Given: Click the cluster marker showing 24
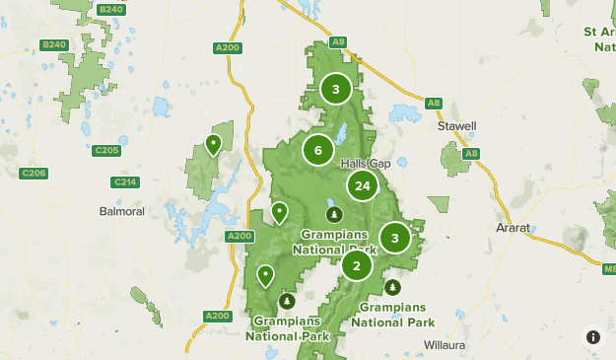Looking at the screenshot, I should (363, 185).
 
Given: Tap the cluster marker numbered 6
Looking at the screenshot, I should (317, 150).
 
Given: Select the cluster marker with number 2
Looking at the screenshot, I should (356, 265).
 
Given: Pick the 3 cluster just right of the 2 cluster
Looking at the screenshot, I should (395, 238).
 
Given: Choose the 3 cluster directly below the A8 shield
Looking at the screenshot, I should (336, 90).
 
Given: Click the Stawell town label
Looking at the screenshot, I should (457, 127).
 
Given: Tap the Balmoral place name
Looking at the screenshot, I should (122, 211).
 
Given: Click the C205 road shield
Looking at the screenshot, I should (105, 150).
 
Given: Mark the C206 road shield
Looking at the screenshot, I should (34, 174).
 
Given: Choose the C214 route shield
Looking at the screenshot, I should (125, 181).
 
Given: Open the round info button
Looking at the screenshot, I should (592, 336).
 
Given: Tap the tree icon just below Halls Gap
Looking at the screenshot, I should (334, 214).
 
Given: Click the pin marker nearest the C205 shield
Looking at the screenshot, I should (213, 146).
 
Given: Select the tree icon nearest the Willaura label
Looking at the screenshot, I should (393, 287).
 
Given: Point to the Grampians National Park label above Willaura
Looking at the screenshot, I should (392, 315).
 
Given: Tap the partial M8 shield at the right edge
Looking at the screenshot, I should (608, 267).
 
